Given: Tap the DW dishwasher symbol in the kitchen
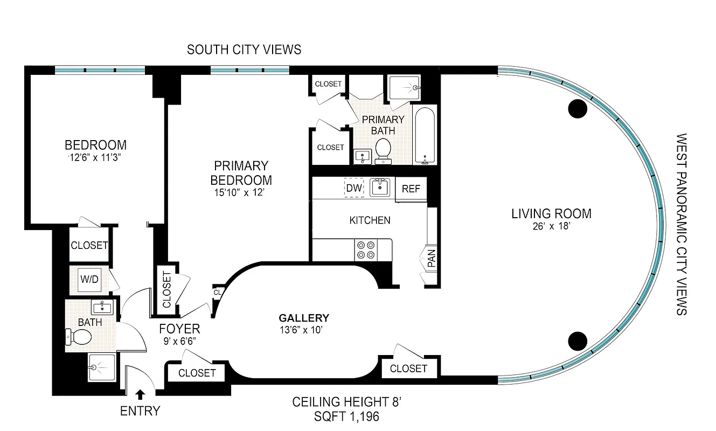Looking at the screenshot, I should click(354, 188).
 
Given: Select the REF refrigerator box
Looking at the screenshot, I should click(411, 189).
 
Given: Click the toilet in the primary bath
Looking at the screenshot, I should click(383, 149).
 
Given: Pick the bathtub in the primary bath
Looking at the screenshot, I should click(425, 136).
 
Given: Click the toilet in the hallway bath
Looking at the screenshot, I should click(79, 337).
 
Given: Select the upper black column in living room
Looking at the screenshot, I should click(578, 109).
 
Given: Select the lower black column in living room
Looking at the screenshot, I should click(578, 340).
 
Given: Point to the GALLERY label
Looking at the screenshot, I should click(304, 318).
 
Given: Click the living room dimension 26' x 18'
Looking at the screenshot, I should click(551, 226).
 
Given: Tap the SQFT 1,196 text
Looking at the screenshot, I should click(347, 416).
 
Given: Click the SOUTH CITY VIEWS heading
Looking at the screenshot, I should click(244, 50).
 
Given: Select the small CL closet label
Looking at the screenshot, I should click(218, 293).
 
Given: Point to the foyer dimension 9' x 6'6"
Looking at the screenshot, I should click(179, 341).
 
